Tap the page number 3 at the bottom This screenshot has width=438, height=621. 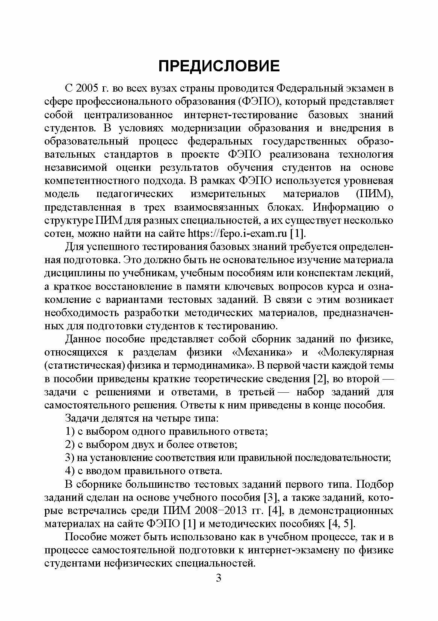click(219, 577)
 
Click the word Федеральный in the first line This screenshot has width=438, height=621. click(308, 89)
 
